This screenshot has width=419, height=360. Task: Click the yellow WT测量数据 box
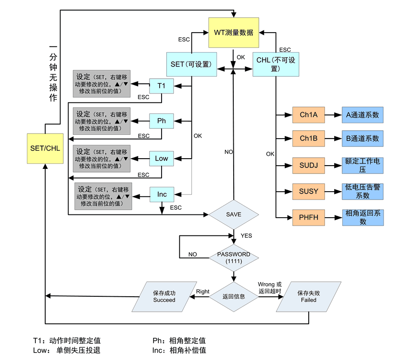click(233, 33)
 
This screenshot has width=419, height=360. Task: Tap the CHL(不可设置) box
click(276, 64)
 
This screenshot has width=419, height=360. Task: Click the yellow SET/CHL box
click(45, 148)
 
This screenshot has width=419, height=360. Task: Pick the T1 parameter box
click(162, 86)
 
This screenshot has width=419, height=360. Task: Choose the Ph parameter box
click(162, 121)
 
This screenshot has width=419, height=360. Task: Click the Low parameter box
click(162, 159)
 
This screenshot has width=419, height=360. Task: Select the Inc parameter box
click(162, 194)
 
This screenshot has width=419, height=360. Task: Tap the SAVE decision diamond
click(233, 214)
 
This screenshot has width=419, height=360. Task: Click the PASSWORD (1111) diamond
click(233, 258)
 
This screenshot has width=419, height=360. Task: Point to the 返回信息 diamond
click(233, 296)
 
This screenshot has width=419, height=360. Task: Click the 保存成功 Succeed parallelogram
click(164, 297)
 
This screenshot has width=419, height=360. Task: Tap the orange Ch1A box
click(308, 114)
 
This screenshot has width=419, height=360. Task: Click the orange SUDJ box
click(308, 165)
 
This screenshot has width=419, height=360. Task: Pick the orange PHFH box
click(308, 217)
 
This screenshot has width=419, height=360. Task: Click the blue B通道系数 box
click(363, 139)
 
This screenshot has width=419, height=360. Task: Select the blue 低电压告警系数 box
click(363, 191)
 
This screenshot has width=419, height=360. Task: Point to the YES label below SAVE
click(246, 236)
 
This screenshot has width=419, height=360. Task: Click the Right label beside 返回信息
click(203, 292)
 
